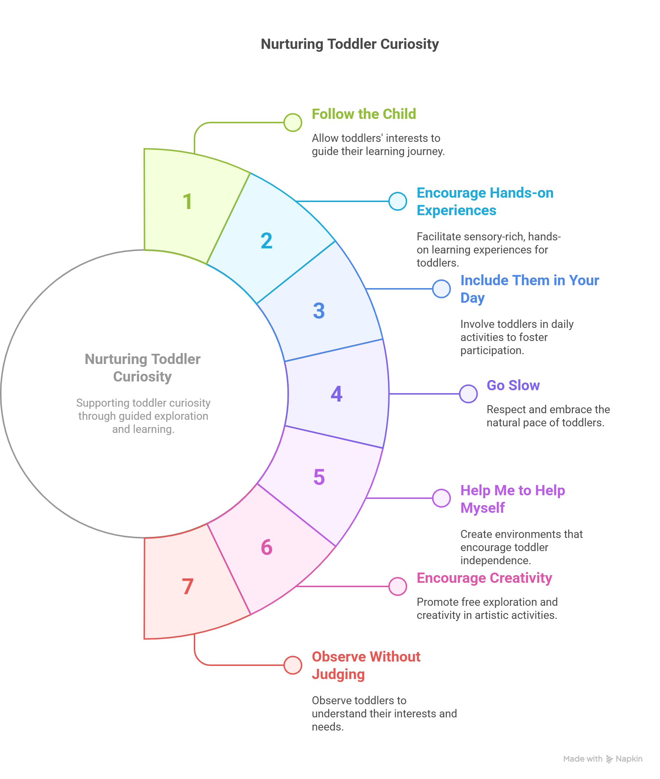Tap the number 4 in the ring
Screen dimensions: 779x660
coord(336,394)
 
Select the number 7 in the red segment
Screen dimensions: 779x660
coord(188,586)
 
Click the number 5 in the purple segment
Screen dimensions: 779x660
coord(319,477)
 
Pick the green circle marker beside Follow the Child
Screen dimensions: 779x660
coord(292,123)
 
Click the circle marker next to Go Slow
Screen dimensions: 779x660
coord(468,394)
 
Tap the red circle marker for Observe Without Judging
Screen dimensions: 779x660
coord(292,665)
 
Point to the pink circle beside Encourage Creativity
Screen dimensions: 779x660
coord(397,586)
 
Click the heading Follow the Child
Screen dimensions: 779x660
coord(364,114)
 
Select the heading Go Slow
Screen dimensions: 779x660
coord(513,385)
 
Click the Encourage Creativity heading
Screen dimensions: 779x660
coord(484,578)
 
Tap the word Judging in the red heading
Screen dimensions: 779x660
coord(338,674)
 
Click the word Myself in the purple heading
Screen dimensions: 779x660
coord(482,508)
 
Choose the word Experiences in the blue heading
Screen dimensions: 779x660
coord(456,210)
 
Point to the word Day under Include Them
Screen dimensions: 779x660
coord(472,298)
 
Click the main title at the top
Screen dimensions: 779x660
coord(349,44)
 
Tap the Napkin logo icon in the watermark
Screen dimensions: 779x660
coord(609,759)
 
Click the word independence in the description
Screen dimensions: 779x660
coord(495,560)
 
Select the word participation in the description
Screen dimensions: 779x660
coord(492,350)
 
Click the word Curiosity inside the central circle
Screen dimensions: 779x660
coord(142,377)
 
